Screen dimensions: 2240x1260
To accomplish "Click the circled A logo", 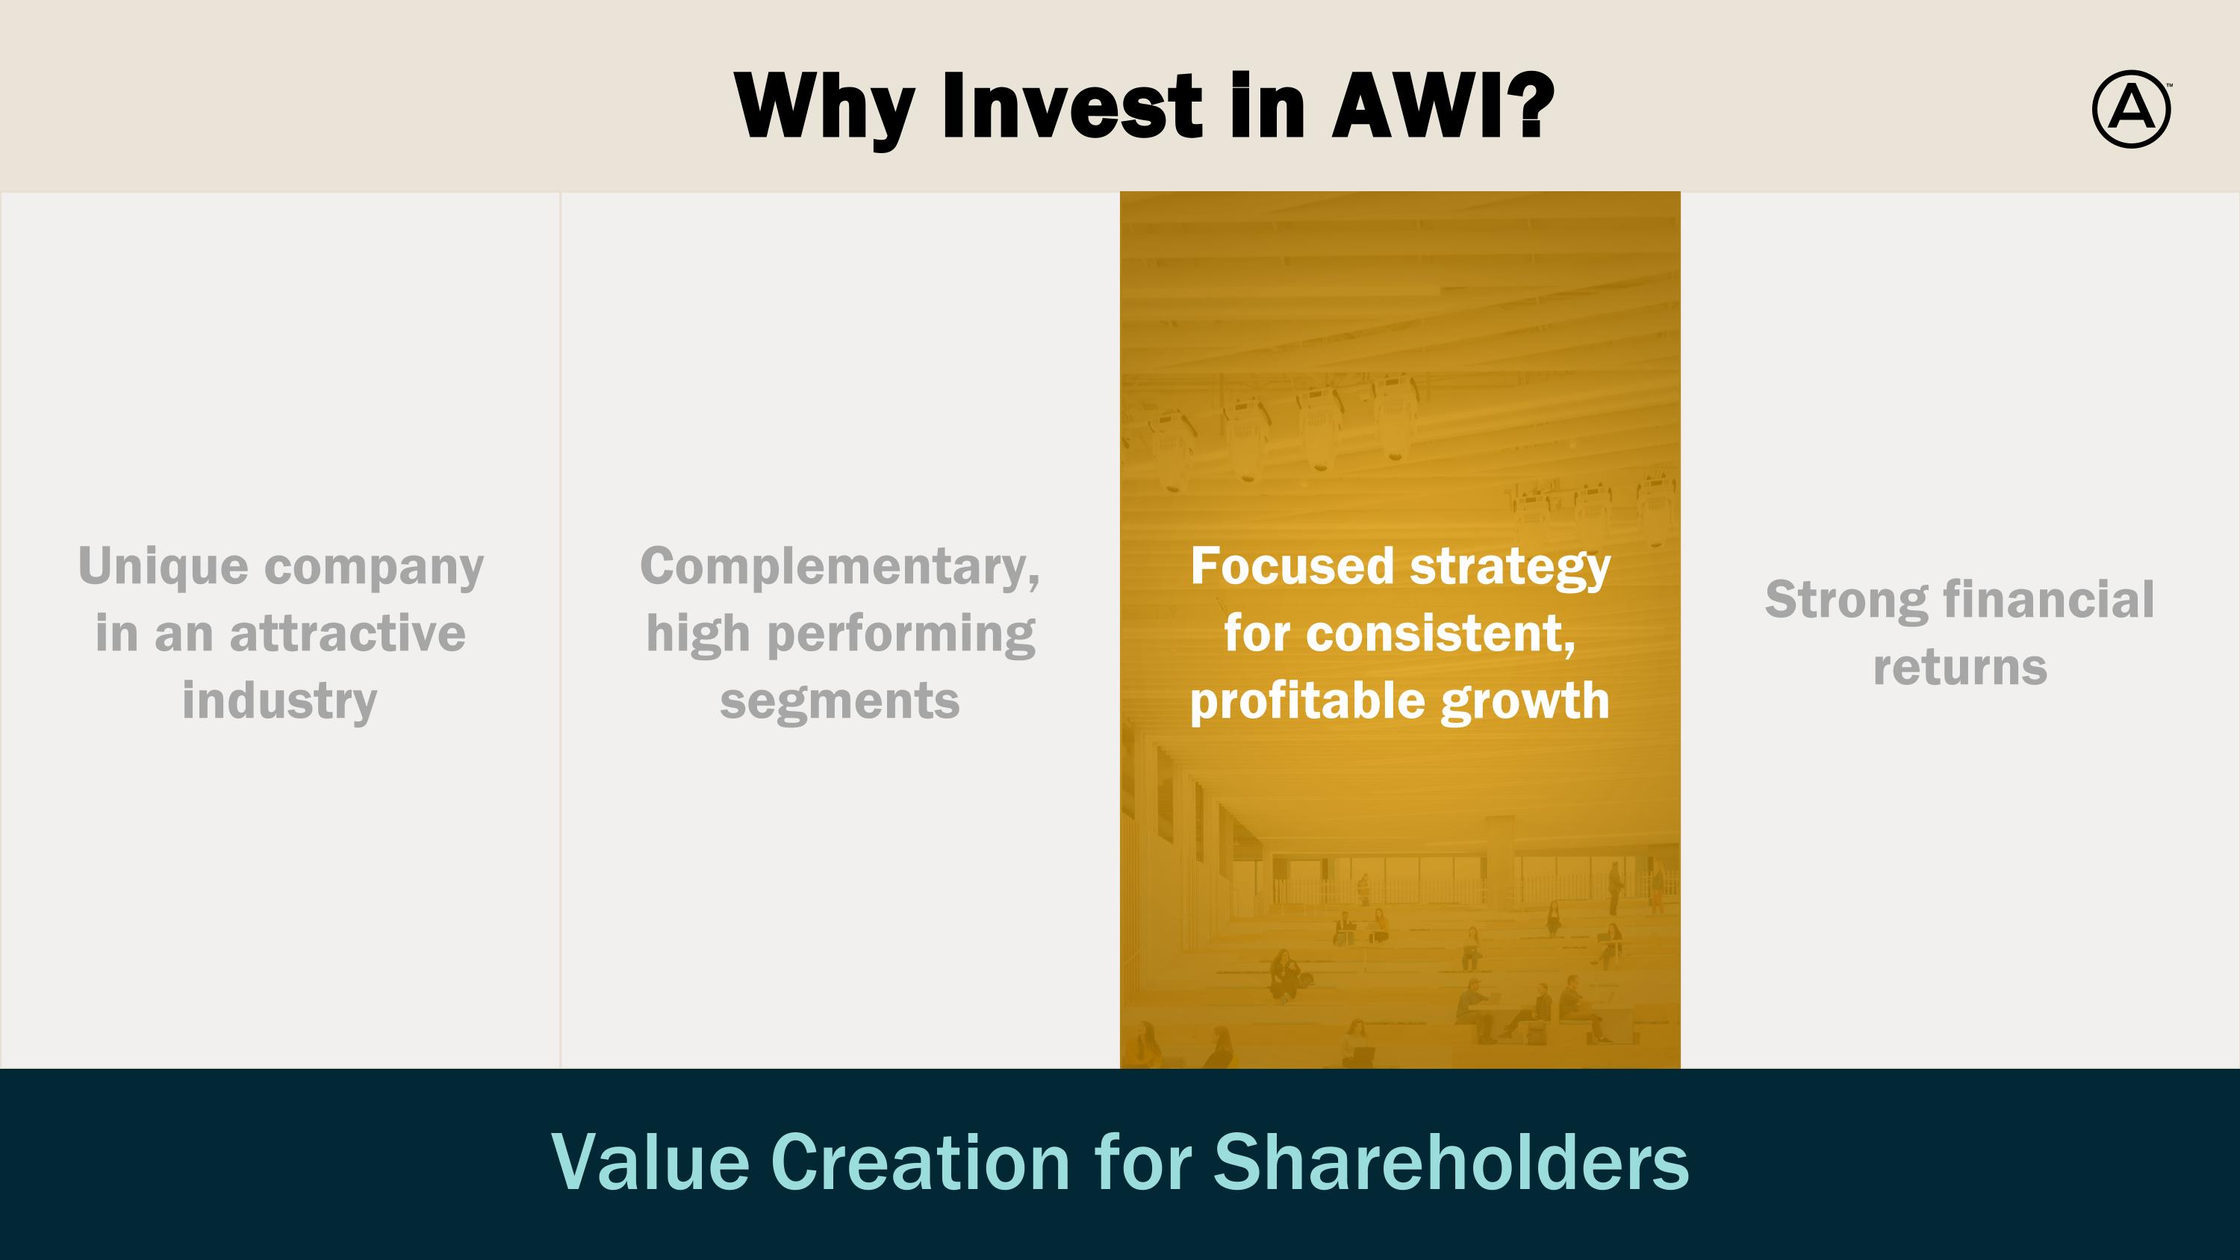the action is pos(2130,109).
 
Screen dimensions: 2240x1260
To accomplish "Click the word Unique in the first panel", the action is pos(164,568).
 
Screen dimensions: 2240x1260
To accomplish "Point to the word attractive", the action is pos(347,633).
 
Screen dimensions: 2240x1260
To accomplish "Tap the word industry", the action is pos(280,701).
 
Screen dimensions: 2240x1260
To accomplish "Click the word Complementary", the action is pos(840,568).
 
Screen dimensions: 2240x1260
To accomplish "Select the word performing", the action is pos(901,635).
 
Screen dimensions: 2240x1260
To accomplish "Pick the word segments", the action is pos(840,701).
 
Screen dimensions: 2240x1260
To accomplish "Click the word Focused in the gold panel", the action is pos(1293,566).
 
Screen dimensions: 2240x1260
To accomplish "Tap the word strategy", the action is pos(1511,568).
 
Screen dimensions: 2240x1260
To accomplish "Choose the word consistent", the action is pos(1440,634).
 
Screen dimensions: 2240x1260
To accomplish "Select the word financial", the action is pos(2049,600).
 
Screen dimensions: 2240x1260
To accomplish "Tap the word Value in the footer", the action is pos(650,1161).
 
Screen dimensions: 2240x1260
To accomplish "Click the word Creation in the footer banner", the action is pos(921,1161).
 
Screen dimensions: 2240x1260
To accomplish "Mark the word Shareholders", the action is pos(1452,1161).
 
